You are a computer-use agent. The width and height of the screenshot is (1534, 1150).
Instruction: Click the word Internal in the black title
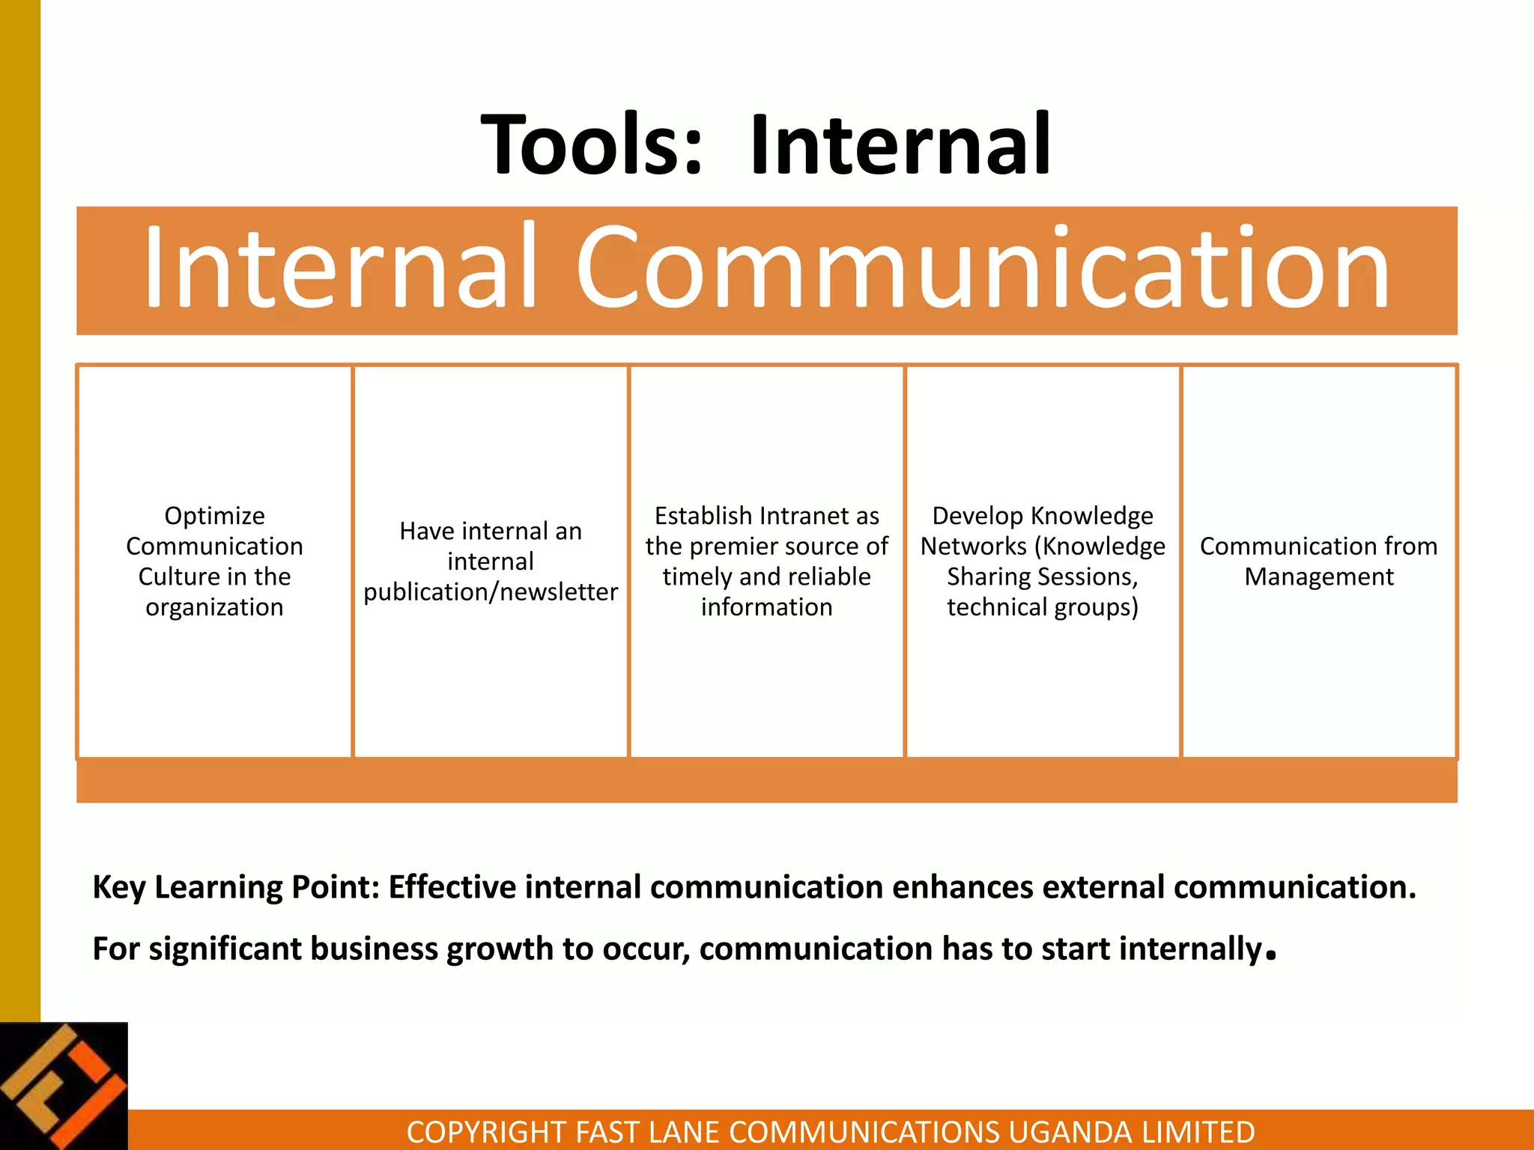(901, 144)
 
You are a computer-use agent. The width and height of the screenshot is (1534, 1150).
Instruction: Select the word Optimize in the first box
(214, 516)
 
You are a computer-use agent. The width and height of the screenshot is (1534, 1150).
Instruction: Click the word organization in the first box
(214, 607)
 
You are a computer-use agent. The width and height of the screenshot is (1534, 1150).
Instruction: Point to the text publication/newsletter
(491, 592)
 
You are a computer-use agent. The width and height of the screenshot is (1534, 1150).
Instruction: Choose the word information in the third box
(766, 607)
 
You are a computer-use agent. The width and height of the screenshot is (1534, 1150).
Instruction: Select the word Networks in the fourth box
(973, 547)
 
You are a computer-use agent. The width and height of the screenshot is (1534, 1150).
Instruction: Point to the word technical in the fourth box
(996, 607)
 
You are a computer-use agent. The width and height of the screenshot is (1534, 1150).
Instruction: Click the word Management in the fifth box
(1319, 577)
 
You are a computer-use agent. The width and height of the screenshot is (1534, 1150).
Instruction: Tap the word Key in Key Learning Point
(118, 888)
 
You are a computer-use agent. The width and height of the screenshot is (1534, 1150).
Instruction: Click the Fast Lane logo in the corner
(64, 1086)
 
